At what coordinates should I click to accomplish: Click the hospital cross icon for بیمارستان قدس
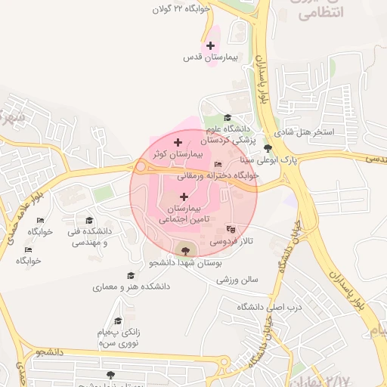[210, 45]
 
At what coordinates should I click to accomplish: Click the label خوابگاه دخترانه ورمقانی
[218, 175]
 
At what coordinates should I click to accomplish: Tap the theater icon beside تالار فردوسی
[231, 229]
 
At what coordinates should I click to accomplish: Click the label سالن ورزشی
[238, 280]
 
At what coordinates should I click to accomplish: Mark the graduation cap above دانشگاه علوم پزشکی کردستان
[228, 116]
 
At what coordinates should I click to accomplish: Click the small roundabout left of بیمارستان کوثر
[141, 166]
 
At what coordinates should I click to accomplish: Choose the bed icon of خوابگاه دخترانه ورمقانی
[218, 164]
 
